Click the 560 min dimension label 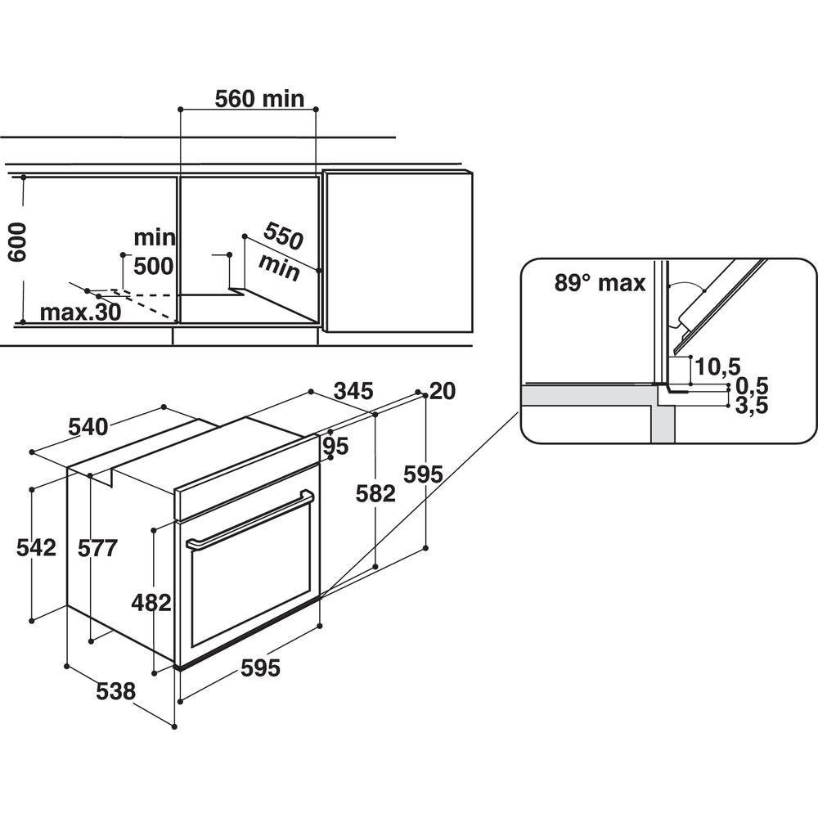click(259, 99)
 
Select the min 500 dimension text click(155, 251)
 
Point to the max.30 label click(80, 312)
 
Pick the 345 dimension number click(353, 391)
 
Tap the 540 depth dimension click(88, 427)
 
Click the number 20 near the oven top click(443, 391)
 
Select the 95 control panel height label click(335, 446)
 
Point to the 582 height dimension click(375, 493)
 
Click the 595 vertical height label click(423, 474)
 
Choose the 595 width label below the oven click(260, 667)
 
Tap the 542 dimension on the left click(36, 548)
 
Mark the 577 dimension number click(97, 548)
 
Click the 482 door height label click(151, 603)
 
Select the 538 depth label click(116, 691)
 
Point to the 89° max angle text click(600, 283)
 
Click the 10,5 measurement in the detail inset click(718, 366)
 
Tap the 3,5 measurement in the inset click(752, 406)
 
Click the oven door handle click(250, 519)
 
